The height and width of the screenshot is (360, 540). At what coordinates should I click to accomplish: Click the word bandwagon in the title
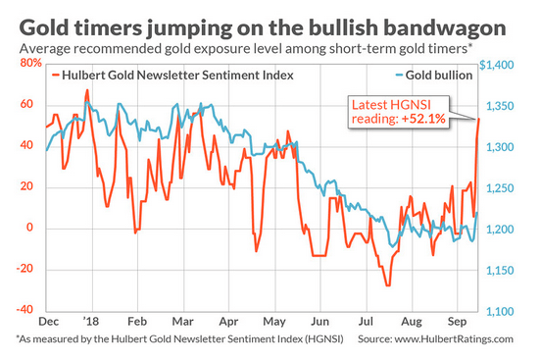(445, 28)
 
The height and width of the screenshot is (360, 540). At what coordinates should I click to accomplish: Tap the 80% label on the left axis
(30, 63)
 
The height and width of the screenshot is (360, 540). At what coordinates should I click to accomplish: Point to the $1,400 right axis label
(497, 65)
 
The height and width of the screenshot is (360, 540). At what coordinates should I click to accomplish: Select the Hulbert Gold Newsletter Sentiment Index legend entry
(172, 76)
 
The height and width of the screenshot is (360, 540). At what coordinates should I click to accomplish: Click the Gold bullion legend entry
(434, 76)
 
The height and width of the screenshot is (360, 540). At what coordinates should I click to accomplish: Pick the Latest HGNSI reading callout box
(399, 112)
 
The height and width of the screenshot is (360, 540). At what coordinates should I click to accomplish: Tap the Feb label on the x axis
(137, 322)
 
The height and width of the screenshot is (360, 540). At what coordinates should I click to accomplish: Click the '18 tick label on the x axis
(91, 322)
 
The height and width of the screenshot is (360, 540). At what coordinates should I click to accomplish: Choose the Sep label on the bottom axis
(457, 322)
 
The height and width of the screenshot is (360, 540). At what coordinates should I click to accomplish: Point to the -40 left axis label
(25, 309)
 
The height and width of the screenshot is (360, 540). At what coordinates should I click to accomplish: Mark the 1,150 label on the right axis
(500, 271)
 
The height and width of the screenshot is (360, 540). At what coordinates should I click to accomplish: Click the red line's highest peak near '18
(87, 90)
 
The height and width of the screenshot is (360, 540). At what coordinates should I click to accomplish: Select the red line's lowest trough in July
(388, 285)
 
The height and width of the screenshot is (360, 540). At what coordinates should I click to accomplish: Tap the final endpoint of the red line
(479, 119)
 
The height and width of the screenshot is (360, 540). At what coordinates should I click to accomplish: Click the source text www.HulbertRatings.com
(454, 339)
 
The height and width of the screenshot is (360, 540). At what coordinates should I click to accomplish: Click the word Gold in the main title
(44, 27)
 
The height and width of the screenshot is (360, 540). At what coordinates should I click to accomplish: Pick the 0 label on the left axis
(30, 228)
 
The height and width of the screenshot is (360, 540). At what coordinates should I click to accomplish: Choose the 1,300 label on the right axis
(500, 147)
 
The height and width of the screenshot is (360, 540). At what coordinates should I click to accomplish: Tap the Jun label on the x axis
(319, 322)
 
